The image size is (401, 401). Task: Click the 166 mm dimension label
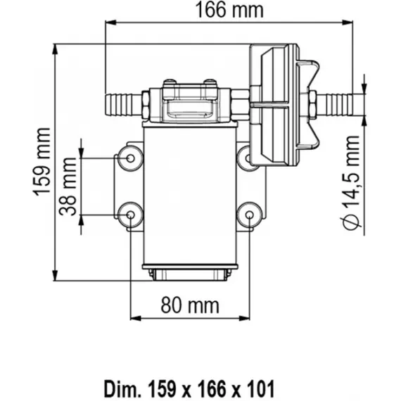(229, 11)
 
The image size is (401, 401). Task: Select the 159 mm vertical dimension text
(42, 162)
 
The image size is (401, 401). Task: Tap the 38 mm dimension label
(68, 186)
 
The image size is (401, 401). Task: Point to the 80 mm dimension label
(190, 305)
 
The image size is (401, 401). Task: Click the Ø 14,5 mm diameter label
(350, 182)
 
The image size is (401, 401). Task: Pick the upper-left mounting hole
(130, 158)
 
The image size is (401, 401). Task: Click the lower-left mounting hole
(130, 215)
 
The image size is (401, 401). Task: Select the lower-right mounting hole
(250, 215)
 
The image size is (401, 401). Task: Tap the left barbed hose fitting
(123, 105)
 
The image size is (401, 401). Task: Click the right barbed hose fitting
(334, 105)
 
